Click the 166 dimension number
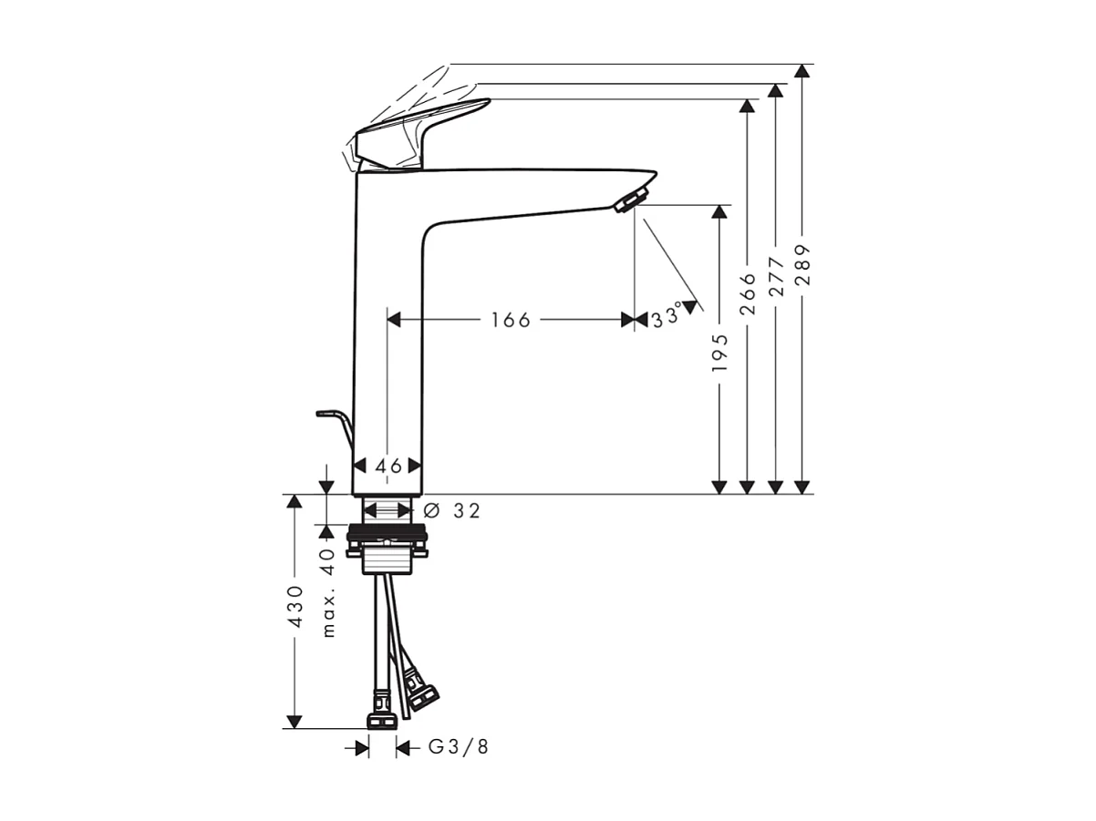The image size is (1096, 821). click(x=510, y=320)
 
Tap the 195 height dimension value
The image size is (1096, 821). click(x=720, y=352)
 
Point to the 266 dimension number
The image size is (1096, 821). click(x=748, y=293)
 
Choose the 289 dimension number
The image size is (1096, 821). click(x=802, y=264)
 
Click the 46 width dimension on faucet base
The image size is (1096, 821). click(x=388, y=466)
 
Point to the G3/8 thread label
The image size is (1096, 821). click(x=458, y=748)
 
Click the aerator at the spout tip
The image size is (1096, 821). click(x=631, y=199)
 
